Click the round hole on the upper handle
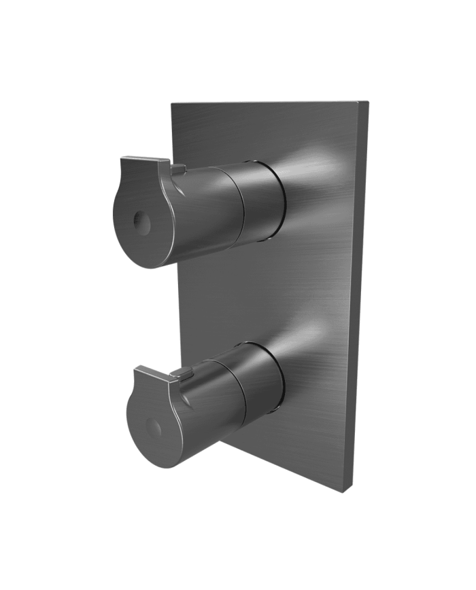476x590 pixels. pos(141,222)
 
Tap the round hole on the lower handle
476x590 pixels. pos(154,428)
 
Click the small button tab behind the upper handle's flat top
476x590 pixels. pos(177,167)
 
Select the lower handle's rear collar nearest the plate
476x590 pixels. pos(266,380)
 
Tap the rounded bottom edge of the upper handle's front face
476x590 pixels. pos(146,261)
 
